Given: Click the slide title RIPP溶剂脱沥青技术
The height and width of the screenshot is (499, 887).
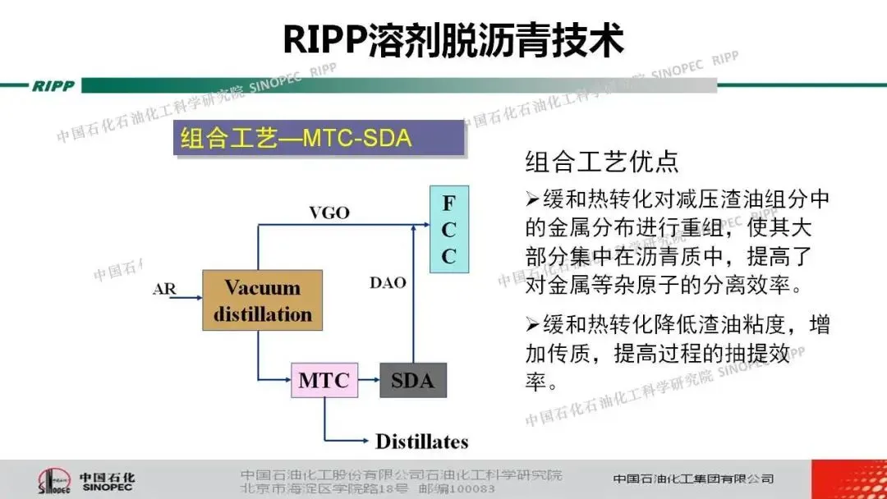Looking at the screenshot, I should [x=453, y=39].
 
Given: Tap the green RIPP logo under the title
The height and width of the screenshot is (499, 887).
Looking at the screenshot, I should [x=53, y=86].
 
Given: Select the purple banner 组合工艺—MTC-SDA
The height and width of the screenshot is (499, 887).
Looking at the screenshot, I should [x=319, y=138].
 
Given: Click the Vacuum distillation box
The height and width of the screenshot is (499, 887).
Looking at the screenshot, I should [x=263, y=300].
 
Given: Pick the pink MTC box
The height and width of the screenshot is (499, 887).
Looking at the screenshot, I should [x=324, y=380].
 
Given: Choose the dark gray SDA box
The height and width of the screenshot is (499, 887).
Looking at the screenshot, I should [x=412, y=380].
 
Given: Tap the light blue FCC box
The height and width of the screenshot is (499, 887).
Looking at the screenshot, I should [x=448, y=230].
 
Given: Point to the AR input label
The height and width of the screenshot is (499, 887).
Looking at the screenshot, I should [x=165, y=289].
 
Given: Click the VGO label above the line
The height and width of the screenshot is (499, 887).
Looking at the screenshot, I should [x=329, y=213].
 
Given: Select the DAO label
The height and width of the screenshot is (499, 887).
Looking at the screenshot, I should [x=388, y=283].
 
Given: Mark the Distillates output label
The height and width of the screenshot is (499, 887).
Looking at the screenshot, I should [x=421, y=442].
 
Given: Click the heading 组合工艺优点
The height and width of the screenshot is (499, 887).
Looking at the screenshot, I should [x=601, y=162].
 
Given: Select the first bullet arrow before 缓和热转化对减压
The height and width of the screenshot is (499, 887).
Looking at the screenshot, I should [x=531, y=199].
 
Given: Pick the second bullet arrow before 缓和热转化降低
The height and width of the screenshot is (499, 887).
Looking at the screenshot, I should [x=531, y=325].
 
